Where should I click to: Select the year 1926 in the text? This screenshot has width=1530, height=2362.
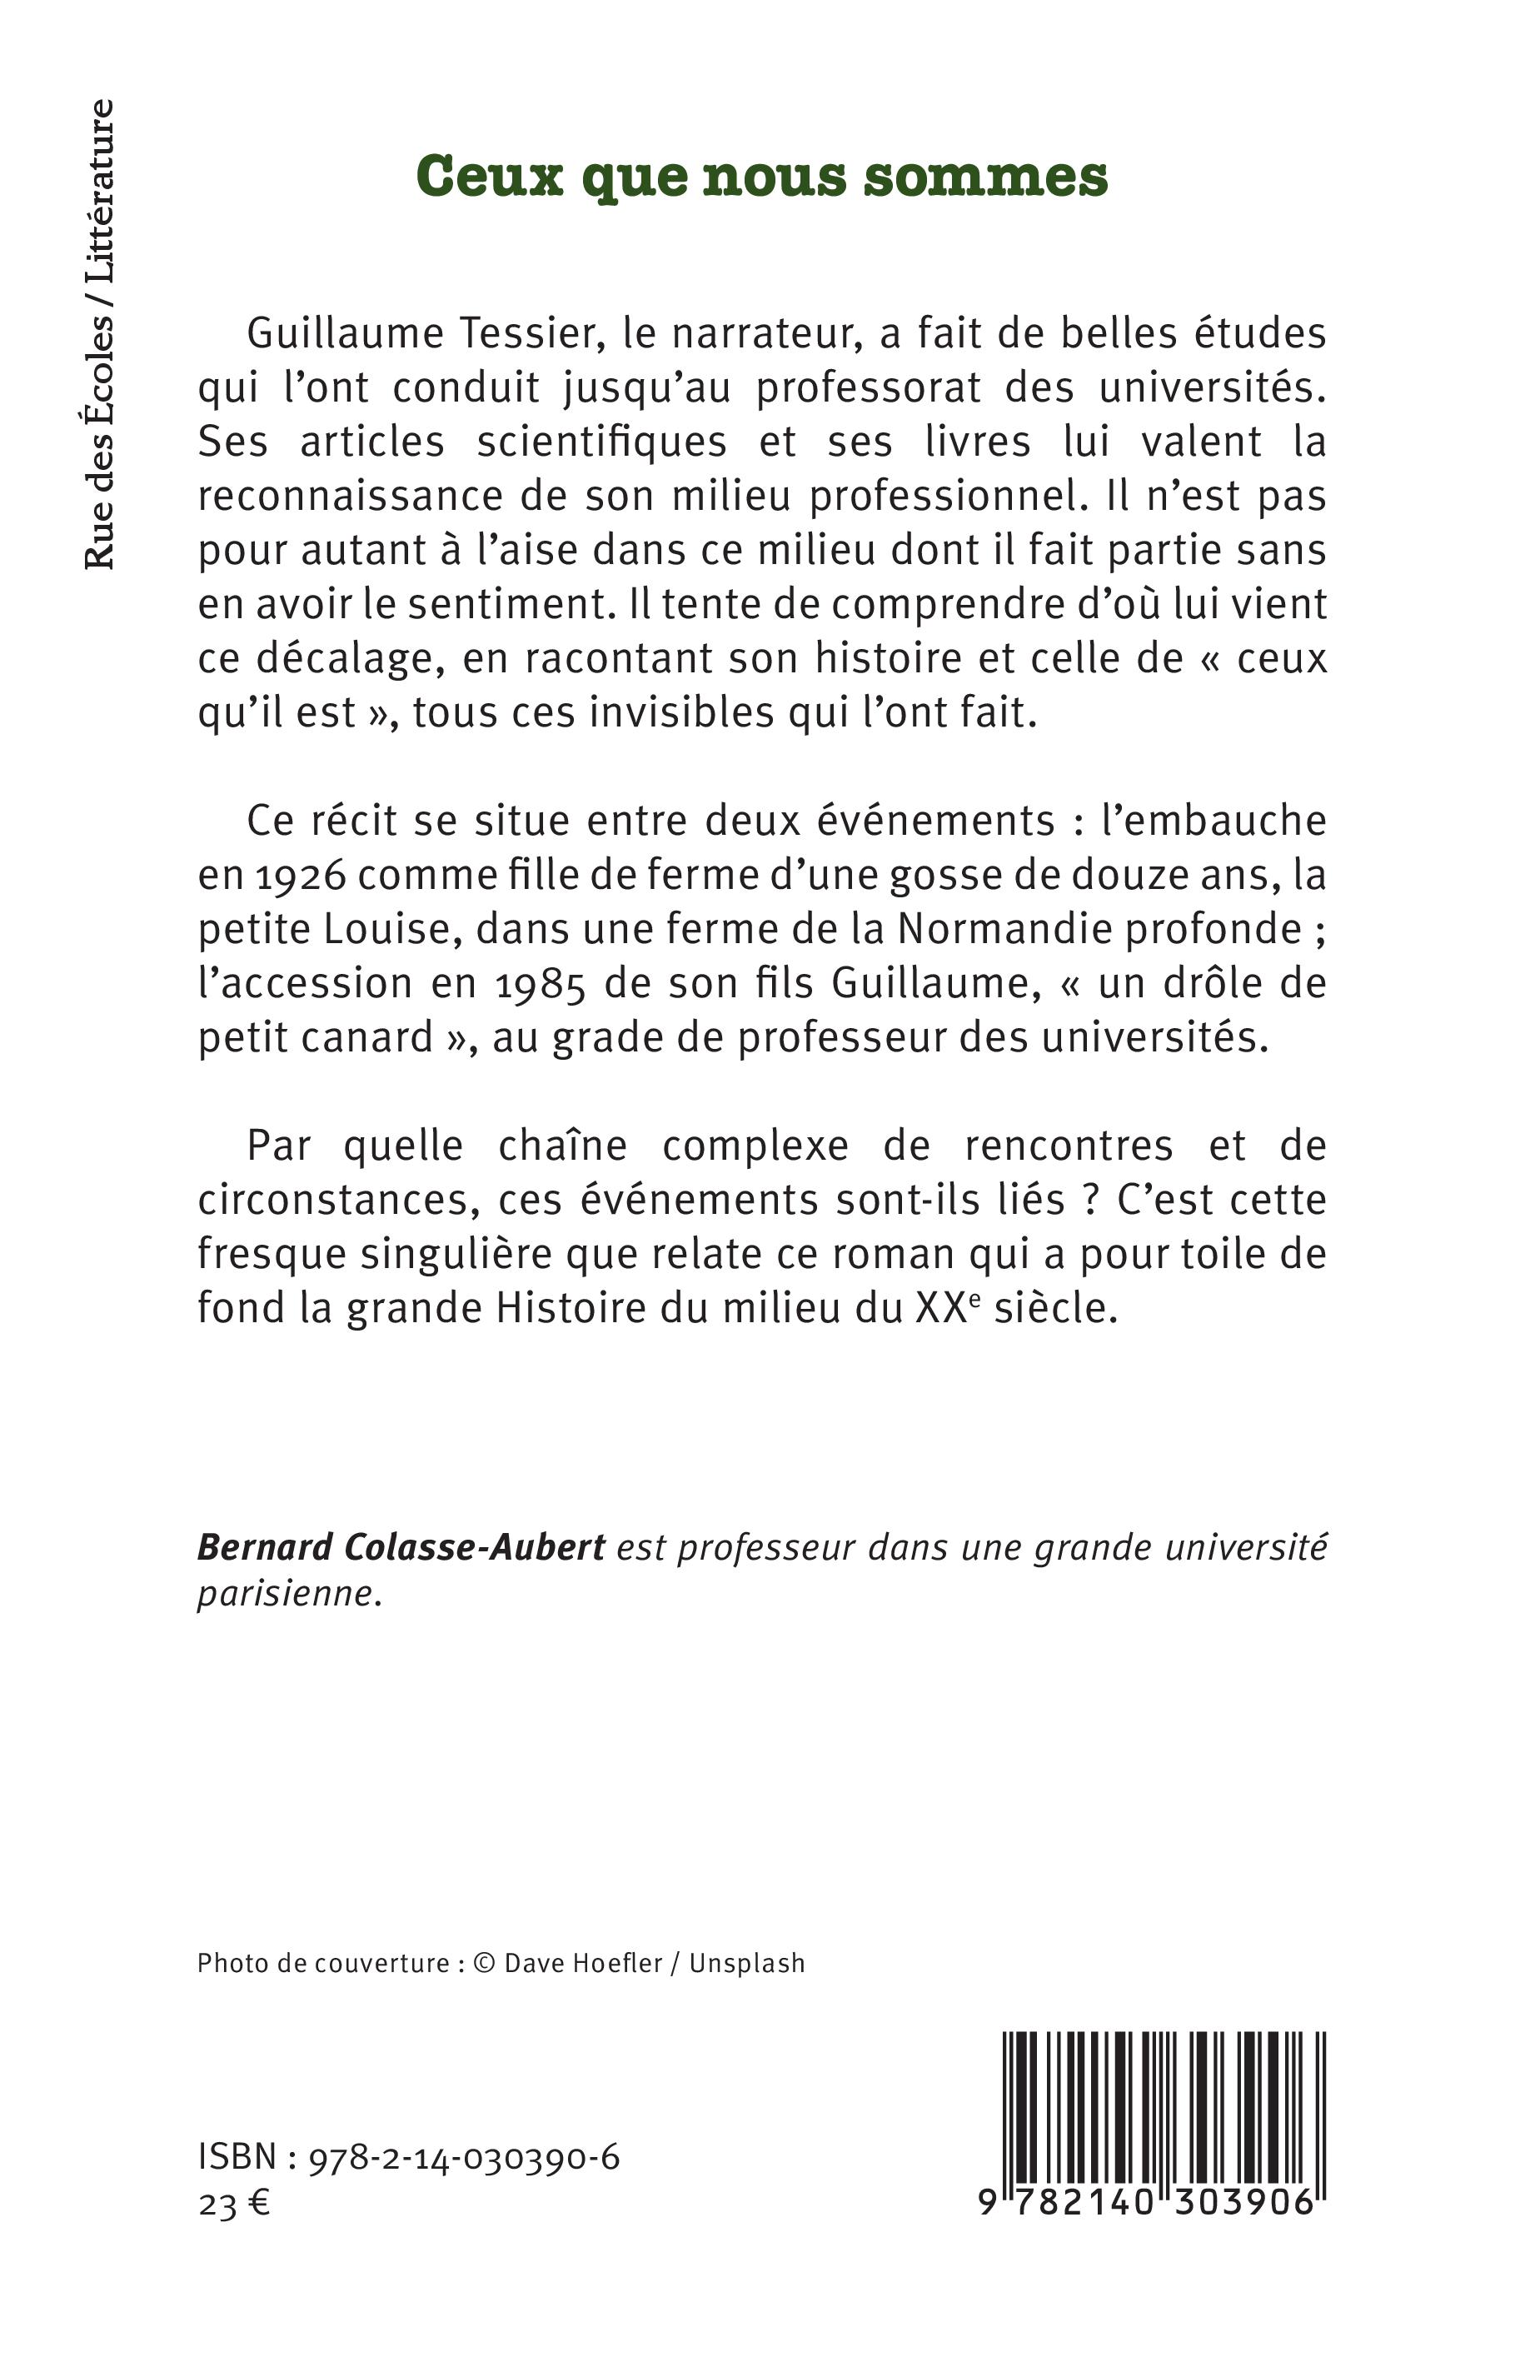pos(295,876)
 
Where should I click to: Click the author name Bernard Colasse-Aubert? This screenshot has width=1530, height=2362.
pos(401,1546)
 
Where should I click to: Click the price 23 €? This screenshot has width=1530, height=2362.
pos(234,2205)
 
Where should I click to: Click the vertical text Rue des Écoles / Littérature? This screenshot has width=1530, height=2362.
pos(99,334)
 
